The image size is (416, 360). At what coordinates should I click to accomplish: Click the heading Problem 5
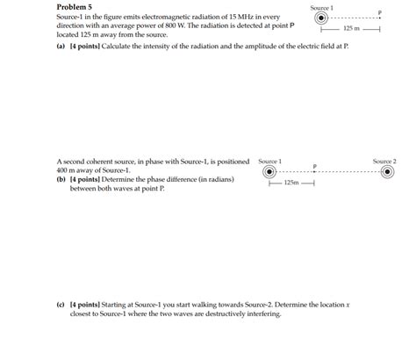(x=75, y=7)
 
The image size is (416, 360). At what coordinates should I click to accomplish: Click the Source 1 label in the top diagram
(x=321, y=7)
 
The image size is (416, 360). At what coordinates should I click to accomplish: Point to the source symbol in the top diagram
(x=321, y=18)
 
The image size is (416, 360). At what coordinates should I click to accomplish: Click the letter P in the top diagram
(x=380, y=12)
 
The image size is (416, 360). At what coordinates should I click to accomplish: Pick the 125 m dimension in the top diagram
(x=351, y=29)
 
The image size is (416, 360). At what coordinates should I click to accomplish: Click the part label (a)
(x=61, y=44)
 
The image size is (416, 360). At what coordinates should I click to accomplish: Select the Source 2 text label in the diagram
(x=384, y=162)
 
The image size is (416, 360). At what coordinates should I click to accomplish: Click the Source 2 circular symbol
(x=386, y=172)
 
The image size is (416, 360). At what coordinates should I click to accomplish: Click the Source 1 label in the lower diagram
(x=270, y=162)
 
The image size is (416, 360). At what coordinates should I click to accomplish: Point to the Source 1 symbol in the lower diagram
(x=270, y=172)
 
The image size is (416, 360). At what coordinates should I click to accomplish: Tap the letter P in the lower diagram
(x=314, y=166)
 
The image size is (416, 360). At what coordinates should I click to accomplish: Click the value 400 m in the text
(x=68, y=170)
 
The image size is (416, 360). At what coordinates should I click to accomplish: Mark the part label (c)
(x=61, y=306)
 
